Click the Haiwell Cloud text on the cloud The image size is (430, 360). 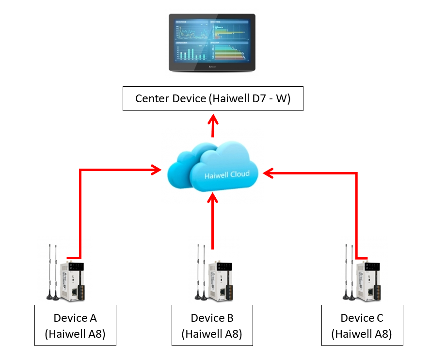point(227,174)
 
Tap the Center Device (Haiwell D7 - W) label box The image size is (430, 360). point(213,99)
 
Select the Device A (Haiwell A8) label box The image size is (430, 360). point(75,325)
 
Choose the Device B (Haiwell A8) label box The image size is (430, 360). point(212,325)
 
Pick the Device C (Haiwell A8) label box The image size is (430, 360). point(362,325)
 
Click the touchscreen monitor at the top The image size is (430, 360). point(212,43)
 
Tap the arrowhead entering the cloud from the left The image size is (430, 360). point(156,170)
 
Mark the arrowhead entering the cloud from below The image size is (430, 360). point(212,199)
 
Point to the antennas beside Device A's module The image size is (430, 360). point(52,274)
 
